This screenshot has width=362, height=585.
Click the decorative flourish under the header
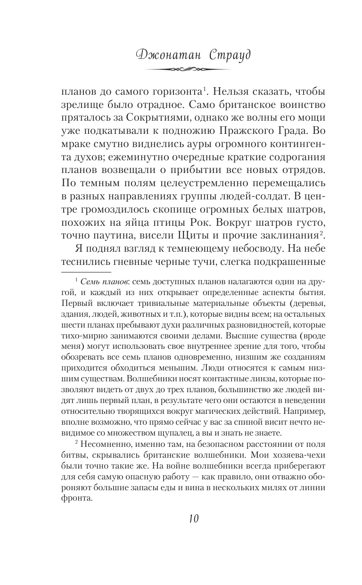181,69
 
